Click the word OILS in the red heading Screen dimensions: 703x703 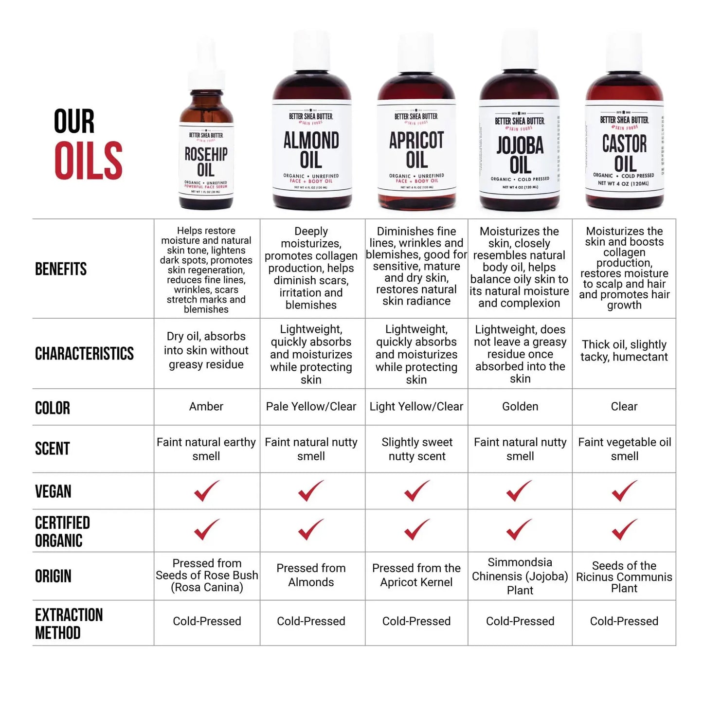88,161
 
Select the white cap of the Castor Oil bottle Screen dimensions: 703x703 625,54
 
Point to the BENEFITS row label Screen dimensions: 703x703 61,269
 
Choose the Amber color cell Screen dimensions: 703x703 206,407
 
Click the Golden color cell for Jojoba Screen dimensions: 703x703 520,407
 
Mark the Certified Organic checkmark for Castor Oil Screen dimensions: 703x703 624,530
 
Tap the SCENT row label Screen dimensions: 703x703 53,449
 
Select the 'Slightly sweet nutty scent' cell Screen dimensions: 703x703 417,449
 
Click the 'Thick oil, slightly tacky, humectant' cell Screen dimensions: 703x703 624,351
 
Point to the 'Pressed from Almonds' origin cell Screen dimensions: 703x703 311,575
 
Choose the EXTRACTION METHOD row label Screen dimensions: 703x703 69,624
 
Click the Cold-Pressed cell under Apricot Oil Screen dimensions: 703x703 416,621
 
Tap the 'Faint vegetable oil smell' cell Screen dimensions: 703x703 624,449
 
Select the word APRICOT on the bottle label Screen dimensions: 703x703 416,141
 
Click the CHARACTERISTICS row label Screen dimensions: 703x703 84,354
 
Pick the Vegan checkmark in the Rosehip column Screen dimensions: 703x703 206,491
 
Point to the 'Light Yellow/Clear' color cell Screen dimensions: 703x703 416,407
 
